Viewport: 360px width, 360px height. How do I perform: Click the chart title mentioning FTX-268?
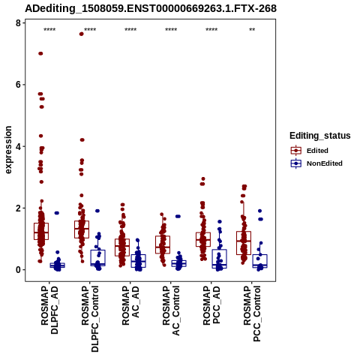click(x=151, y=8)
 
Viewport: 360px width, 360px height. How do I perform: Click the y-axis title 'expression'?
click(x=8, y=150)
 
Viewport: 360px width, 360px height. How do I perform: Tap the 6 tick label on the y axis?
click(x=18, y=85)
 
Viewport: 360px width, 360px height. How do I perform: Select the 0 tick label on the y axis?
click(x=18, y=270)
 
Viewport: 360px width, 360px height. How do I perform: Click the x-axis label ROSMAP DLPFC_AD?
click(x=49, y=310)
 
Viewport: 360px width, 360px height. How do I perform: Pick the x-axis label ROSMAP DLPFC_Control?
click(x=90, y=319)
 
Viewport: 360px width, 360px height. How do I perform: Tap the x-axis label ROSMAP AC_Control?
click(x=171, y=310)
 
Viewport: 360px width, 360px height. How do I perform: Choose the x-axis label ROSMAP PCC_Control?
click(x=252, y=313)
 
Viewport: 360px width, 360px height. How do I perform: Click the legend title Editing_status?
click(x=320, y=136)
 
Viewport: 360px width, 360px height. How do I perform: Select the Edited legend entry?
click(x=310, y=151)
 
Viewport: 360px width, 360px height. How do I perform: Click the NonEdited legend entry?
click(x=316, y=163)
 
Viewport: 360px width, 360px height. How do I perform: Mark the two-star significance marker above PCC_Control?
click(x=252, y=30)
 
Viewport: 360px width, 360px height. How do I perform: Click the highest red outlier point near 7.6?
click(x=81, y=34)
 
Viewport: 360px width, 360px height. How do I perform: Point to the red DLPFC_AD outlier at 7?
click(x=40, y=53)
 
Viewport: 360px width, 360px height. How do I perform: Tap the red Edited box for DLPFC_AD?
click(x=41, y=231)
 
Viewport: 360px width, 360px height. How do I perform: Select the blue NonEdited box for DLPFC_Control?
click(x=97, y=258)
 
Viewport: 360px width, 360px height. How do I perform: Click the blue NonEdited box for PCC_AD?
click(x=219, y=259)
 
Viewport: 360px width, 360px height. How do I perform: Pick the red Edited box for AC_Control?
click(x=163, y=244)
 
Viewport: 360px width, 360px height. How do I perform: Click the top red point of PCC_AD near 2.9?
click(x=203, y=178)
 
